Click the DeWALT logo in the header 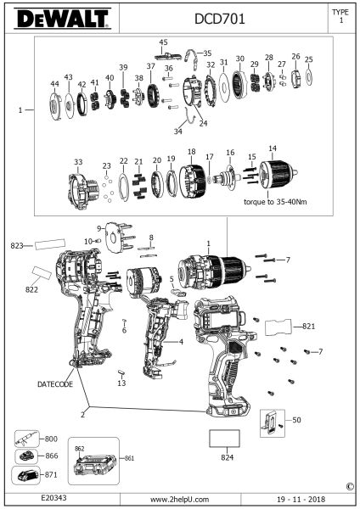coord(62,19)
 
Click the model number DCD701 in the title coord(220,20)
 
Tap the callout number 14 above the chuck coord(273,148)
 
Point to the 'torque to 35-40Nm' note coord(275,202)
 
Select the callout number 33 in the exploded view coord(78,162)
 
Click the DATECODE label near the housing coord(55,384)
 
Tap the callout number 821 coord(309,326)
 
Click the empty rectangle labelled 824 coord(224,439)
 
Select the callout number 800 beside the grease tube coord(51,439)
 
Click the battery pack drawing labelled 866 coord(26,456)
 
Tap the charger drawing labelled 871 coord(25,475)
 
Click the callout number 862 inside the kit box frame coord(79,449)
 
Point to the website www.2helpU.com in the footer coord(180,500)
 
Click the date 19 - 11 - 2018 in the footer coord(301,500)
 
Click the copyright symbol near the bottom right coord(350,486)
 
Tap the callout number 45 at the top coord(163,42)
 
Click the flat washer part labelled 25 coord(309,76)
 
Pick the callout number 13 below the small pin coord(121,383)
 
